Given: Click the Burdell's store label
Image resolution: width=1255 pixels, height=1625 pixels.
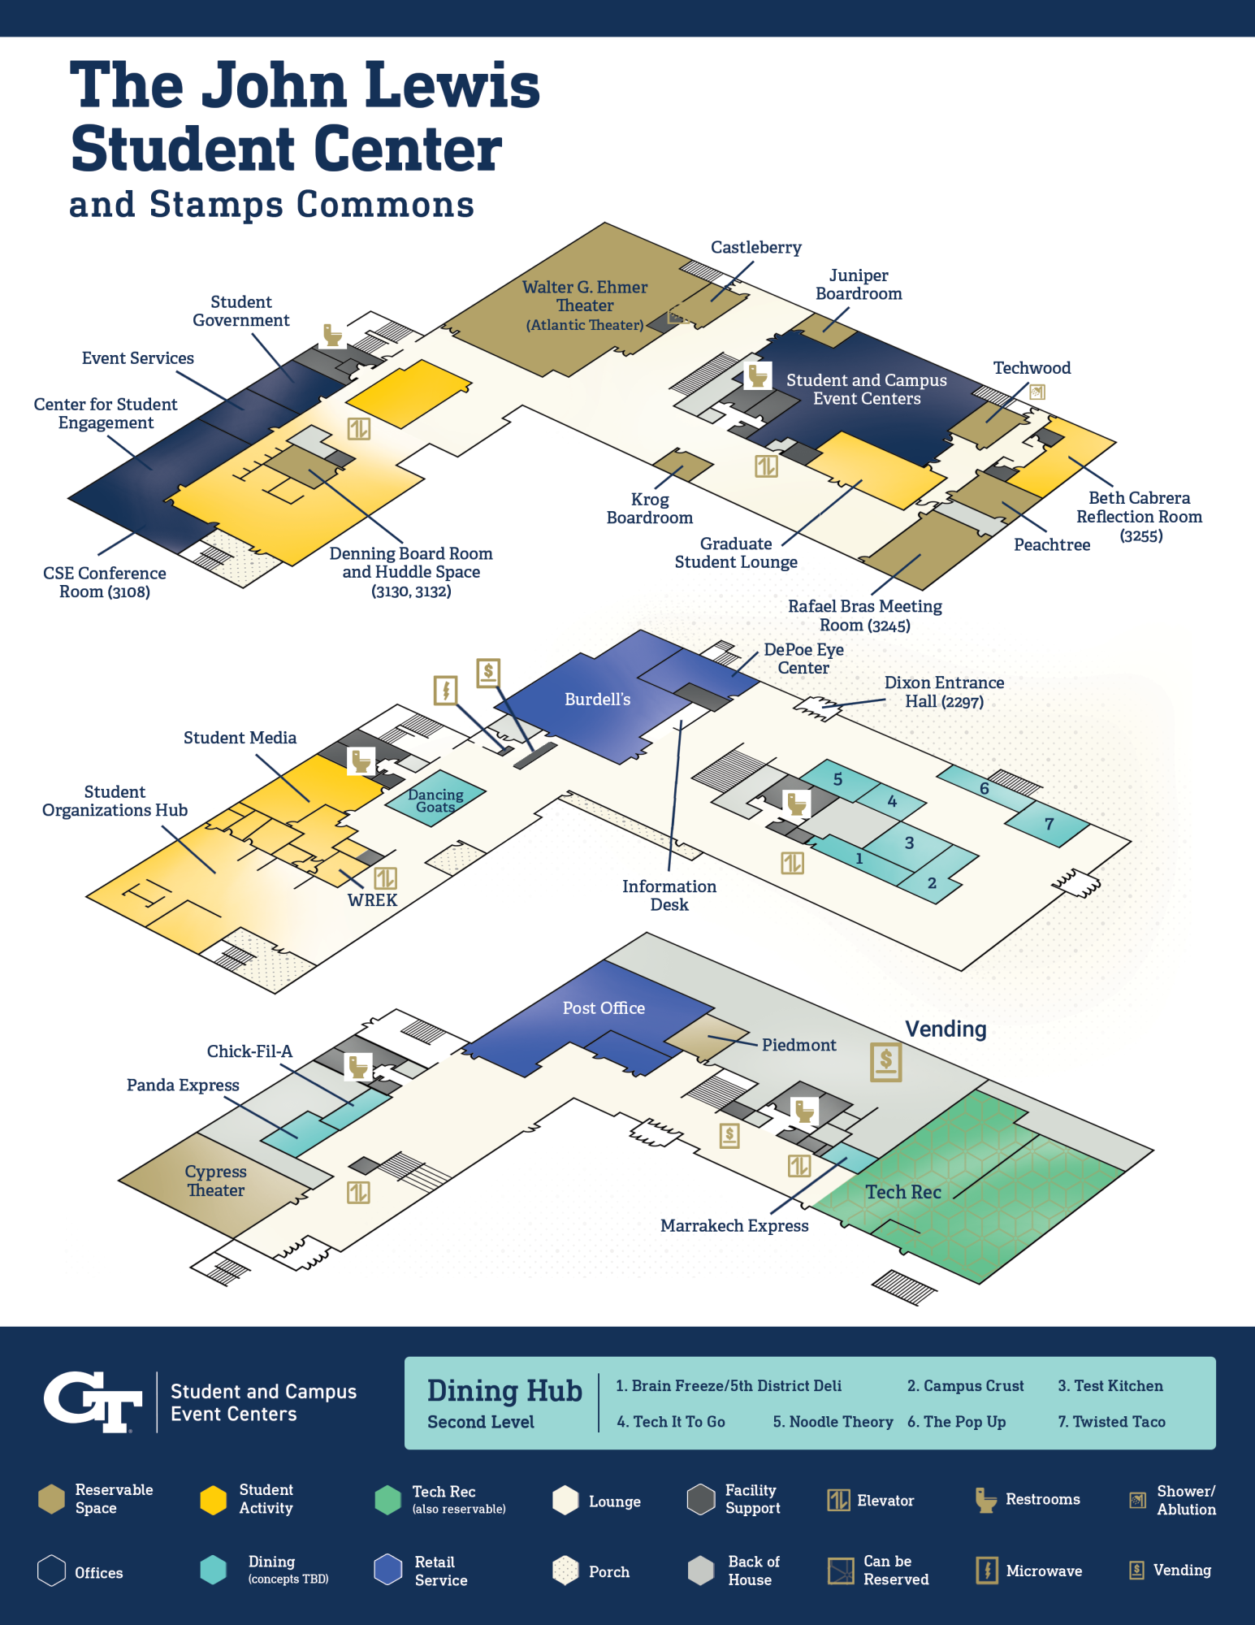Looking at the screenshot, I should (x=597, y=700).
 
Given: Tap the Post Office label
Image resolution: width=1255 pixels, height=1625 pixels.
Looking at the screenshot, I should (x=604, y=1008).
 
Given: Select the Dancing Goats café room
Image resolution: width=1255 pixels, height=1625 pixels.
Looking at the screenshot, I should (x=435, y=799).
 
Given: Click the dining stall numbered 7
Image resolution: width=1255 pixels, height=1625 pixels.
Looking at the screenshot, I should (x=1049, y=824).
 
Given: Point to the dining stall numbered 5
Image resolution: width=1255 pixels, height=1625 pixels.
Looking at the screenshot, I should (x=837, y=778).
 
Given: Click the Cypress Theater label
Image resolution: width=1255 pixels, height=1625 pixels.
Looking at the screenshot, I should (x=215, y=1181).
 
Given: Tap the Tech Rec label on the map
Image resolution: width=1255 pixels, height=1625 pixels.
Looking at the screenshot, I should (x=902, y=1192).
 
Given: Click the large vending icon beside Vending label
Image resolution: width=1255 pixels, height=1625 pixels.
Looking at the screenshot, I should (x=885, y=1062).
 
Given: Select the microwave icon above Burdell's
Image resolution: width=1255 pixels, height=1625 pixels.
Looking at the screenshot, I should (x=445, y=690).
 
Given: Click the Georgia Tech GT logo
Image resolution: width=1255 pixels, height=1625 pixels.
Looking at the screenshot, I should (x=93, y=1401).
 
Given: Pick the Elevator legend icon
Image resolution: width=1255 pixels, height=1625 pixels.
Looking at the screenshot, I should (x=838, y=1500).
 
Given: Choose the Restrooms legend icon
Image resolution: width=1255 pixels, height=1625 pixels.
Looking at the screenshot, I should (x=985, y=1500).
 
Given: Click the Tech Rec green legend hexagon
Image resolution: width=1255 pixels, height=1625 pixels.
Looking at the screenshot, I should (x=388, y=1500).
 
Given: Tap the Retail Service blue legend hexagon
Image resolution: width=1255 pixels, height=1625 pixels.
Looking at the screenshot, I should (x=388, y=1570).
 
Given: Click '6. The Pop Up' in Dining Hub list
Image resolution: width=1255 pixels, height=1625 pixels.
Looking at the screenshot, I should (x=956, y=1422).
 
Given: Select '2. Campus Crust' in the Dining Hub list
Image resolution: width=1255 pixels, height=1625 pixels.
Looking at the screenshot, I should (x=965, y=1386).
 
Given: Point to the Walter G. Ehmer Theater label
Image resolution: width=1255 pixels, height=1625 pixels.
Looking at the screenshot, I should (x=585, y=297).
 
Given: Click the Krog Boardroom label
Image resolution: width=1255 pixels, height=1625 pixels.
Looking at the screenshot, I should (x=650, y=509).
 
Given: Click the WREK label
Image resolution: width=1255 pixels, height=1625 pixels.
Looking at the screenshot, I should (x=372, y=900).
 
